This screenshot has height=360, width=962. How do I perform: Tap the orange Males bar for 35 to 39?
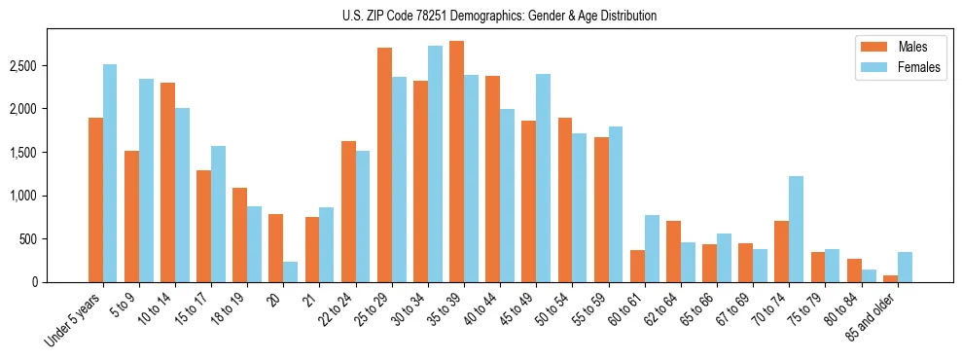point(456,162)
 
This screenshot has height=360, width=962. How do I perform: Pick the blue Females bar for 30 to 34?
point(435,164)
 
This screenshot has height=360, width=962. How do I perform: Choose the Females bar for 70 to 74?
point(797,229)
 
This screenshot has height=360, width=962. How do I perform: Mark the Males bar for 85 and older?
point(890,278)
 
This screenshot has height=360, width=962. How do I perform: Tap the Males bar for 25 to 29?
point(384,164)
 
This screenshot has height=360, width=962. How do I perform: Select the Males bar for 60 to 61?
point(637,266)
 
